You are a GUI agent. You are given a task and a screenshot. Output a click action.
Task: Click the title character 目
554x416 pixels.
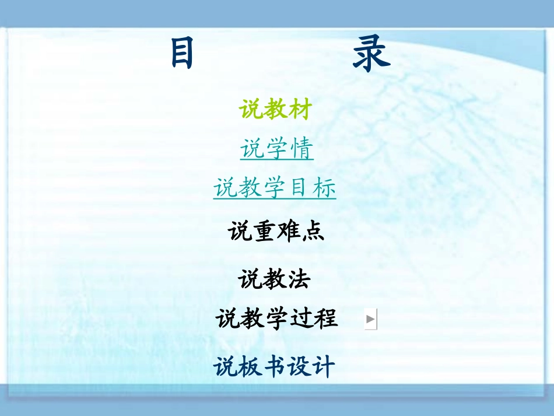182,54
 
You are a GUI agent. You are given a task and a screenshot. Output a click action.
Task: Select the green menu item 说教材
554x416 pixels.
276,110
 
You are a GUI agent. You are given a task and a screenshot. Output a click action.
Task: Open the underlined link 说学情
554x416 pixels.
277,149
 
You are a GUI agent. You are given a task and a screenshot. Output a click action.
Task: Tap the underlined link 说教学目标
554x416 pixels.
275,188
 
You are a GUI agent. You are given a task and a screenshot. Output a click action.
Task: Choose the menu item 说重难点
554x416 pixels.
276,232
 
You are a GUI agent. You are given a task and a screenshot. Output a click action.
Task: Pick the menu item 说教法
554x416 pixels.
274,279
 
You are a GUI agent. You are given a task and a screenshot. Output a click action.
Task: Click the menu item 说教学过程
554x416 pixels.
276,319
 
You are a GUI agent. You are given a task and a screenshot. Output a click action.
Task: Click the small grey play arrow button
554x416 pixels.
371,319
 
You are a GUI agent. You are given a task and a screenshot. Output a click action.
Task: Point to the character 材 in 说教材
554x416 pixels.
300,110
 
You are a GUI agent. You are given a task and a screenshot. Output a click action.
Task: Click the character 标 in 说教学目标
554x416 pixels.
324,188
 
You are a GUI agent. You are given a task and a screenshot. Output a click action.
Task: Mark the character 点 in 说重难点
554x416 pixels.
313,232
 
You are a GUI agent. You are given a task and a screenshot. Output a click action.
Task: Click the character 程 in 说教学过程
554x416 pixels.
325,319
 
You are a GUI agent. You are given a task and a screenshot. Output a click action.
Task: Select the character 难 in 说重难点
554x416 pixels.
288,232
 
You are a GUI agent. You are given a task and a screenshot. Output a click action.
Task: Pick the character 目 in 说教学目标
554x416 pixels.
299,188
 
